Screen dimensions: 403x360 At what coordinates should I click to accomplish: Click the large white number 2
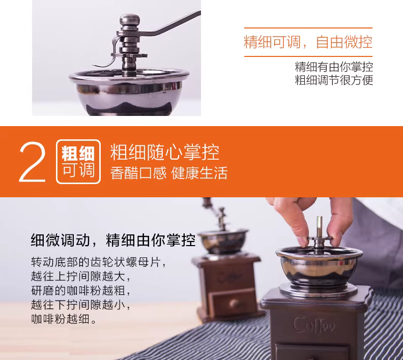click(x=33, y=162)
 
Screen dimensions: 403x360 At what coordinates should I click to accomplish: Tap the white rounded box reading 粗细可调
click(x=78, y=162)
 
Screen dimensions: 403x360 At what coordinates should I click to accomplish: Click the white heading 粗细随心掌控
click(x=165, y=152)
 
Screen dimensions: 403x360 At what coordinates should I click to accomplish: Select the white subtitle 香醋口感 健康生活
click(x=169, y=173)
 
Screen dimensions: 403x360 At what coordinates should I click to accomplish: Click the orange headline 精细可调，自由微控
click(x=308, y=42)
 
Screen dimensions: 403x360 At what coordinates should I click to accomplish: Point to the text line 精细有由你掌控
click(x=334, y=67)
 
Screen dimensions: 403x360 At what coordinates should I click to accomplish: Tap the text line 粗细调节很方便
click(x=334, y=80)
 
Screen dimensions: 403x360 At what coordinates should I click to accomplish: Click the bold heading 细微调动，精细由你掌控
click(x=113, y=240)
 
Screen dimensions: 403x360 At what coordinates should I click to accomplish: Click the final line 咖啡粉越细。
click(x=64, y=319)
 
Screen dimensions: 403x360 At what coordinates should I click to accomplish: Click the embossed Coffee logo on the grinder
click(x=314, y=325)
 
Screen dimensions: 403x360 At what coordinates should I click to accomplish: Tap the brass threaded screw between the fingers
click(x=320, y=226)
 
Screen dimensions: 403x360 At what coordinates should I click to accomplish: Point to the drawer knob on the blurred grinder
click(x=235, y=303)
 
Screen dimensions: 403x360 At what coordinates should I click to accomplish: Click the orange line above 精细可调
click(x=308, y=28)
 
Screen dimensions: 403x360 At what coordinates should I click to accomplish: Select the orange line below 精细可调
click(x=308, y=56)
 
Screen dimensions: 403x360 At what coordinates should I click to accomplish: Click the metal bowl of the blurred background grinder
click(x=223, y=242)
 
